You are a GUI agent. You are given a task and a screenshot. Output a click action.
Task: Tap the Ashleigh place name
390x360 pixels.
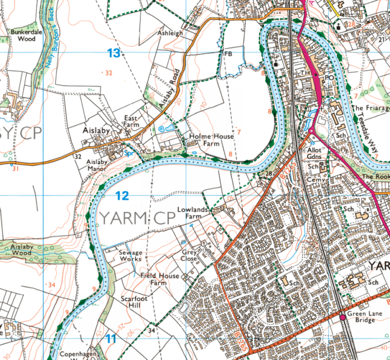coord(170,33)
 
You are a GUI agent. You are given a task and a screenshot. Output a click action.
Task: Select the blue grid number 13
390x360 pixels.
coord(113,53)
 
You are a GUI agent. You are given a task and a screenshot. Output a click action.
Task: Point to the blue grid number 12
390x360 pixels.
coord(122,195)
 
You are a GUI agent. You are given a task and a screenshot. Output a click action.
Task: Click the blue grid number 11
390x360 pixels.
coord(111,338)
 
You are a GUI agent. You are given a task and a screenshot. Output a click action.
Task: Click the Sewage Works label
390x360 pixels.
coord(131,256)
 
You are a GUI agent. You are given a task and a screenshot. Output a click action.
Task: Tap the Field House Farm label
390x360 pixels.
coord(160,279)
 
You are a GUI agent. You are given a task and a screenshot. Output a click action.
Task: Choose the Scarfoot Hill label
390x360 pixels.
coord(133,302)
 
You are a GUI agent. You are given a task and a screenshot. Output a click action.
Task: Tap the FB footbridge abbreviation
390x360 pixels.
coord(227,54)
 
